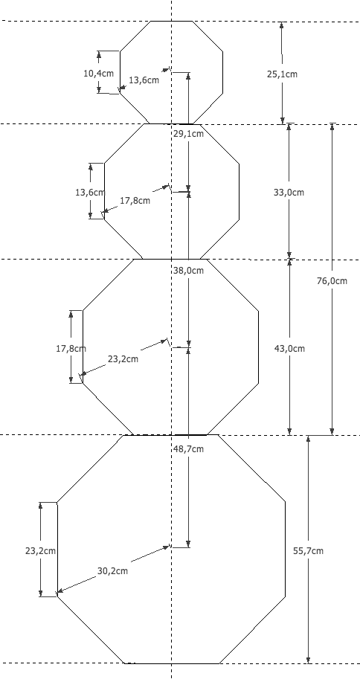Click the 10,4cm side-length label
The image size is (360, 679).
pyautogui.click(x=98, y=73)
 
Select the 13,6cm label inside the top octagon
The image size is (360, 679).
pyautogui.click(x=144, y=80)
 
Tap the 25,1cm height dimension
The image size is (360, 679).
pyautogui.click(x=282, y=74)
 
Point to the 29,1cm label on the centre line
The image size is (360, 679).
pyautogui.click(x=188, y=134)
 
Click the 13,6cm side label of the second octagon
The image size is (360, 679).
pyautogui.click(x=90, y=193)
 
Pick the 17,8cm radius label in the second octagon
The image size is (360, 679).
pyautogui.click(x=135, y=201)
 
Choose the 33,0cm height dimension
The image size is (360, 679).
pyautogui.click(x=289, y=193)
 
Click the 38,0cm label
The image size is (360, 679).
pyautogui.click(x=188, y=271)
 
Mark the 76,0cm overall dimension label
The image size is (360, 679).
pyautogui.click(x=332, y=280)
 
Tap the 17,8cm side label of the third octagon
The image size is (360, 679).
pyautogui.click(x=71, y=348)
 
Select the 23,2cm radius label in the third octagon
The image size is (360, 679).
pyautogui.click(x=123, y=359)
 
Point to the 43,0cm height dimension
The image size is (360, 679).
pyautogui.click(x=289, y=348)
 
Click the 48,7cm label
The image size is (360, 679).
pyautogui.click(x=188, y=449)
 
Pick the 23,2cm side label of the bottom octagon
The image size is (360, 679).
pyautogui.click(x=40, y=551)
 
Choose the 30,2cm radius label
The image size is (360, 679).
pyautogui.click(x=112, y=570)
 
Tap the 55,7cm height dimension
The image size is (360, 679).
pyautogui.click(x=308, y=551)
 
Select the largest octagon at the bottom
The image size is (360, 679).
pyautogui.click(x=286, y=550)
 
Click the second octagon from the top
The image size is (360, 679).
pyautogui.click(x=240, y=190)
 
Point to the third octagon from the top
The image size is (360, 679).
pyautogui.click(x=259, y=347)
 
